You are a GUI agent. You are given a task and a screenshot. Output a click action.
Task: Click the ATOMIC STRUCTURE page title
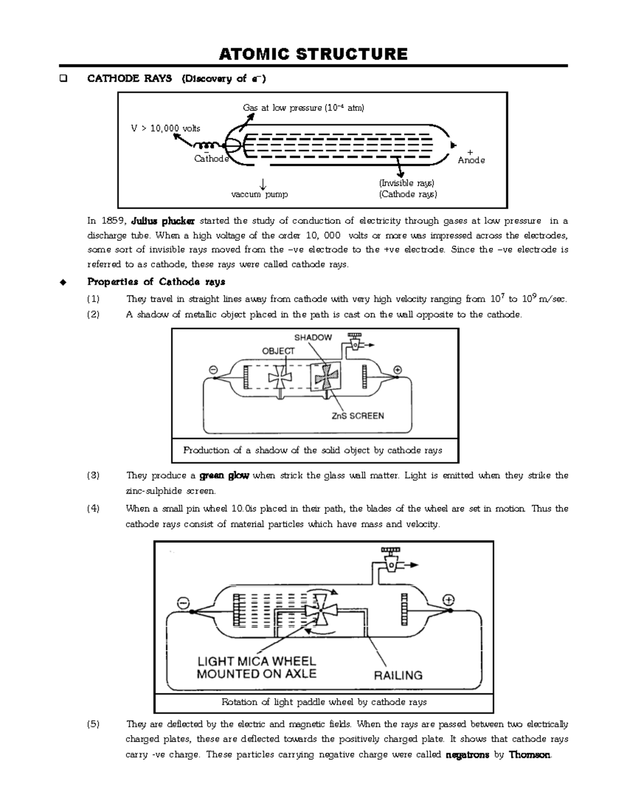pyautogui.click(x=313, y=54)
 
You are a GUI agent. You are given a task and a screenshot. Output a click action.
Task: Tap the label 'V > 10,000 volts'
pyautogui.click(x=165, y=128)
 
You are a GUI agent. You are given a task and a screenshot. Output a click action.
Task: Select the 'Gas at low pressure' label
pyautogui.click(x=303, y=108)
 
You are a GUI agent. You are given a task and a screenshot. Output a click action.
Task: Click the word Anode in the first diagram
pyautogui.click(x=471, y=160)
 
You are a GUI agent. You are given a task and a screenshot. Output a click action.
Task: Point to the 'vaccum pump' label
pyautogui.click(x=260, y=194)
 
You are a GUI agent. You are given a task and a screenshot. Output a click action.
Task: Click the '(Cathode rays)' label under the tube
pyautogui.click(x=408, y=194)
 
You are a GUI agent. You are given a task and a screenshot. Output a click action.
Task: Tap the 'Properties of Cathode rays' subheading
pyautogui.click(x=156, y=282)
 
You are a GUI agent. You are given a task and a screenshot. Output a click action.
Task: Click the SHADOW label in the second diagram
pyautogui.click(x=313, y=337)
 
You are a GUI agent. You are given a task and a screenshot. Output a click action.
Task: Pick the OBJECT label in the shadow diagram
pyautogui.click(x=278, y=351)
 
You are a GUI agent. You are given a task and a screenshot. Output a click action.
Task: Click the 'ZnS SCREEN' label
pyautogui.click(x=358, y=416)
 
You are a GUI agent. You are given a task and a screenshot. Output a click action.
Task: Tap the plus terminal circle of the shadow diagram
pyautogui.click(x=397, y=370)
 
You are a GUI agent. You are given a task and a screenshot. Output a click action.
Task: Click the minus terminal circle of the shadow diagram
pyautogui.click(x=213, y=369)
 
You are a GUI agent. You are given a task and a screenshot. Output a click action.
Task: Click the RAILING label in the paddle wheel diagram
pyautogui.click(x=398, y=675)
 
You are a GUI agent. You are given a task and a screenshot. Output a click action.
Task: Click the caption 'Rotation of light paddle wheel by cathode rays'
pyautogui.click(x=324, y=702)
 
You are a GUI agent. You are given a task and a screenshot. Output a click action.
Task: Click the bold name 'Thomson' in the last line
pyautogui.click(x=530, y=754)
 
